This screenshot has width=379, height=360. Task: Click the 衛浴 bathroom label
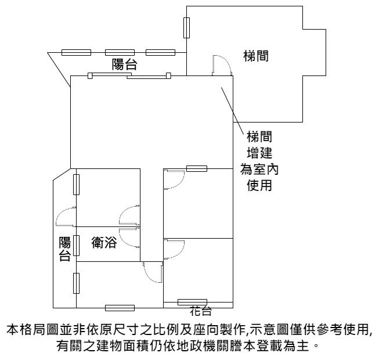point(104,242)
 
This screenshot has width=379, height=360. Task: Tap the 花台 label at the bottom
point(201,311)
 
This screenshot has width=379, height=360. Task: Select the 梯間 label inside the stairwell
point(256,56)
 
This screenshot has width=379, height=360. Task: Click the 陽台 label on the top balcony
point(124,64)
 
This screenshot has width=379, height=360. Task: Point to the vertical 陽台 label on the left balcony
point(65,249)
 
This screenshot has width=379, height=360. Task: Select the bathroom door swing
point(129,238)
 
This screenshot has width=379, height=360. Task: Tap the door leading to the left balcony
point(66,217)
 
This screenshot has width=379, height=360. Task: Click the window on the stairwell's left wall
point(186,28)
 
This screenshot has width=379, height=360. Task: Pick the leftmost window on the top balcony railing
point(76,52)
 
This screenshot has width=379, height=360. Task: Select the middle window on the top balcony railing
point(120,52)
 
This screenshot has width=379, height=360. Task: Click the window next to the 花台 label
point(192,302)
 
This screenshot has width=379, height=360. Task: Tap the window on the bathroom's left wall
point(76,246)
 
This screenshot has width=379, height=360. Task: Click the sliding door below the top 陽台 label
point(129,76)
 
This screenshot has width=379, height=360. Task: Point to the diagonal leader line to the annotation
point(233,110)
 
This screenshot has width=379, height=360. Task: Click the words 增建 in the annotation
point(259,153)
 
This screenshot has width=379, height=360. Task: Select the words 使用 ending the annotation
point(259,185)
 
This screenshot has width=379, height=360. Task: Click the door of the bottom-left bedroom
point(153,272)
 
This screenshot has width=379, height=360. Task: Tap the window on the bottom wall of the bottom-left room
point(120,308)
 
